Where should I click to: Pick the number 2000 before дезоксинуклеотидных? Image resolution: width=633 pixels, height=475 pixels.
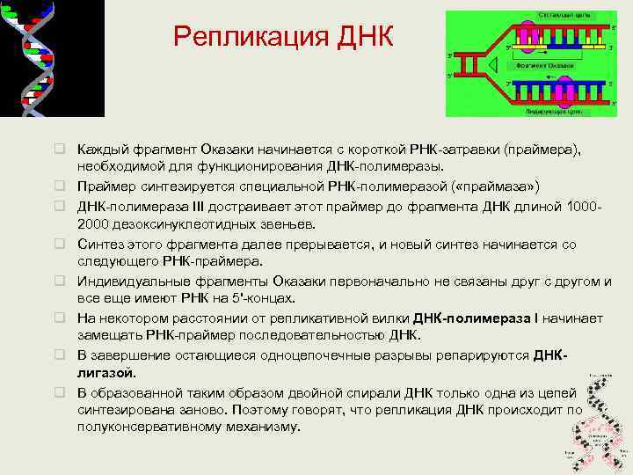pos(94,223)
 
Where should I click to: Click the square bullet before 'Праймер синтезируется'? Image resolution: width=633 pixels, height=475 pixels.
pos(62,186)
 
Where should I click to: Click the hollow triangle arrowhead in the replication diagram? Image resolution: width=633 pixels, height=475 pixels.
pos(495,64)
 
